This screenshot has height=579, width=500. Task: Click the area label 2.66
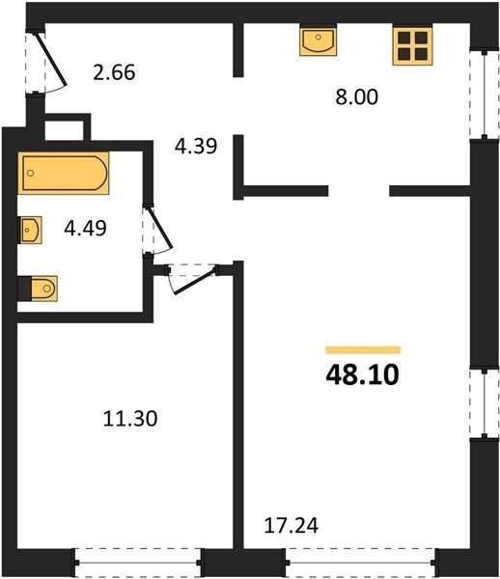pyautogui.click(x=114, y=72)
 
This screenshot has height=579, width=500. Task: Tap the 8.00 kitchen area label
pyautogui.click(x=357, y=97)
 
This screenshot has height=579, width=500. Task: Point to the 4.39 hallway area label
pyautogui.click(x=196, y=146)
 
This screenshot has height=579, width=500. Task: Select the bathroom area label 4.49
pyautogui.click(x=85, y=228)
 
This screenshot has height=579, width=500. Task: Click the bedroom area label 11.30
pyautogui.click(x=130, y=419)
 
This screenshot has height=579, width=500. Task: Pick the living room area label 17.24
pyautogui.click(x=292, y=526)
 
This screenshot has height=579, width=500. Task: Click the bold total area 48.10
pyautogui.click(x=363, y=374)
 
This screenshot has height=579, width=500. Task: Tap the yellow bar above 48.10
pyautogui.click(x=363, y=349)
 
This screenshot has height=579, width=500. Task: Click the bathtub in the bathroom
pyautogui.click(x=64, y=173)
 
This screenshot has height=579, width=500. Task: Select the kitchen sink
pyautogui.click(x=318, y=41)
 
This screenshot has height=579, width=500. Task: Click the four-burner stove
pyautogui.click(x=412, y=45)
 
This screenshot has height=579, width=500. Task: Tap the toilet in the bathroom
pyautogui.click(x=38, y=289)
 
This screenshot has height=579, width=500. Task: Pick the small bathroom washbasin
pyautogui.click(x=30, y=230)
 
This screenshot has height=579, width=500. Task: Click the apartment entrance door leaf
pyautogui.click(x=51, y=60)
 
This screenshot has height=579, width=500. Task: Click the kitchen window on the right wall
pyautogui.click(x=485, y=95)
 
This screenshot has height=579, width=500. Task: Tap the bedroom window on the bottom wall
pyautogui.click(x=138, y=563)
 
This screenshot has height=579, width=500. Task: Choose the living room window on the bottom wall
pyautogui.click(x=360, y=563)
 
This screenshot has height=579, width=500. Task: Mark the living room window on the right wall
pyautogui.click(x=485, y=403)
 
